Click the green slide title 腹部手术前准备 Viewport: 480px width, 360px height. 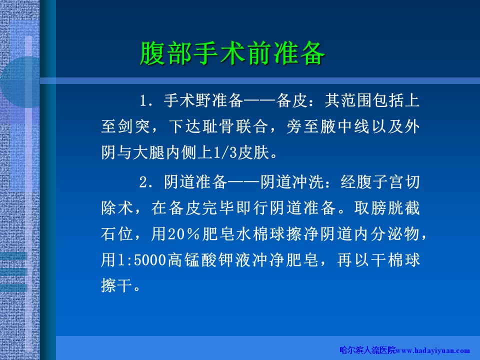click(232, 53)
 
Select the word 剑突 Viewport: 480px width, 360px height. click(134, 126)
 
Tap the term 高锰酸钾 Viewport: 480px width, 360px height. click(200, 260)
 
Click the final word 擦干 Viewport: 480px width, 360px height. click(116, 286)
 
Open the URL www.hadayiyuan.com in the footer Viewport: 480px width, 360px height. click(433, 351)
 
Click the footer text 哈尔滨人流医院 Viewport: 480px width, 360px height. click(367, 350)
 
